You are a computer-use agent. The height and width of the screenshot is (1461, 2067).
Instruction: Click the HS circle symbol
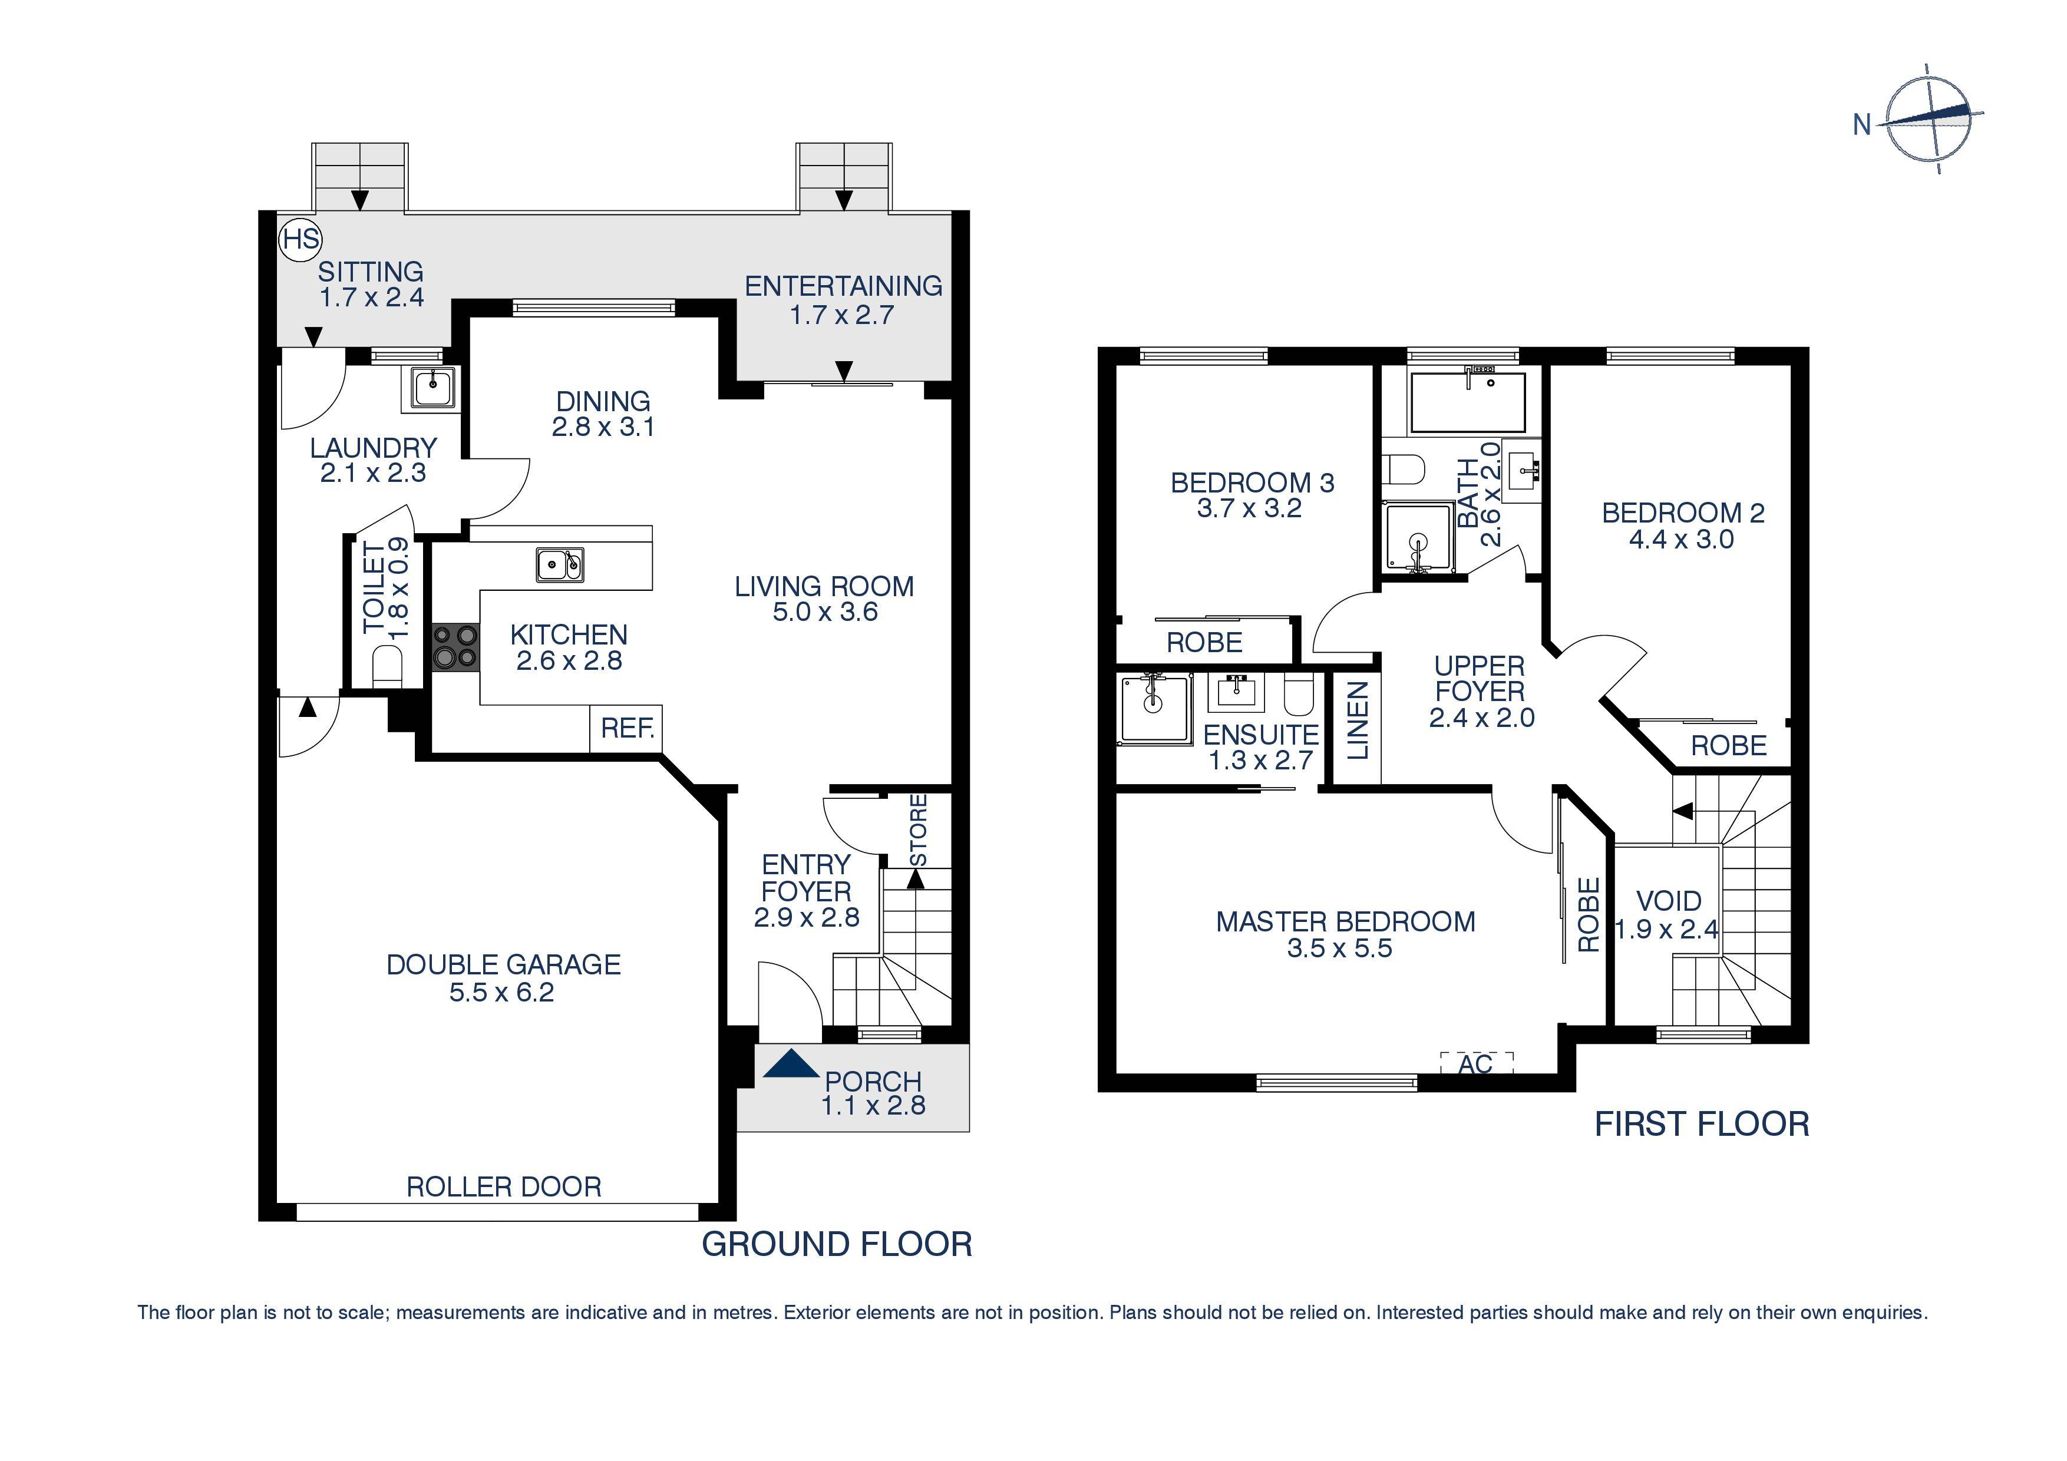tap(300, 239)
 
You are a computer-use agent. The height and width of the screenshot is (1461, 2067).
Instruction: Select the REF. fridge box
tap(626, 728)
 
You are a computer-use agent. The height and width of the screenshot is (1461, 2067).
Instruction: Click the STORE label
tap(917, 830)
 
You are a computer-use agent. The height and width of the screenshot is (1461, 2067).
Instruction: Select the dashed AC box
tap(1477, 1063)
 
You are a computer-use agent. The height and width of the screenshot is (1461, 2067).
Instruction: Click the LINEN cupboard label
tap(1358, 720)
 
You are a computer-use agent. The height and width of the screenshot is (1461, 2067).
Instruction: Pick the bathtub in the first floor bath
tap(1467, 402)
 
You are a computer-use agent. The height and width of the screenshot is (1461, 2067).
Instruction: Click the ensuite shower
tap(1154, 709)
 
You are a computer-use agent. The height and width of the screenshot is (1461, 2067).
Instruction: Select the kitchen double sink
tap(560, 566)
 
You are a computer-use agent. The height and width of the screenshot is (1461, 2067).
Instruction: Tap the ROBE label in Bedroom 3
tap(1204, 643)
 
